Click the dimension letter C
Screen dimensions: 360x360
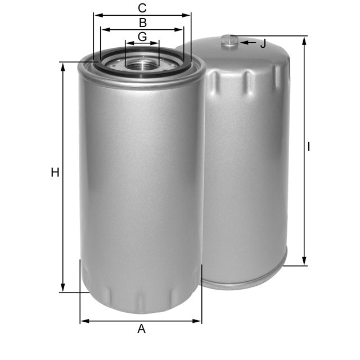142,8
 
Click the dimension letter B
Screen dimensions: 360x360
143,22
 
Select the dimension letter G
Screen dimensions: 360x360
142,37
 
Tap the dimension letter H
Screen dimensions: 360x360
55,173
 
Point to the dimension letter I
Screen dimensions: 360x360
309,147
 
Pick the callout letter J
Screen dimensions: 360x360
263,44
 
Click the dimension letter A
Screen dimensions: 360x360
141,329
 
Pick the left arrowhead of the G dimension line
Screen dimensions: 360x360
129,43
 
